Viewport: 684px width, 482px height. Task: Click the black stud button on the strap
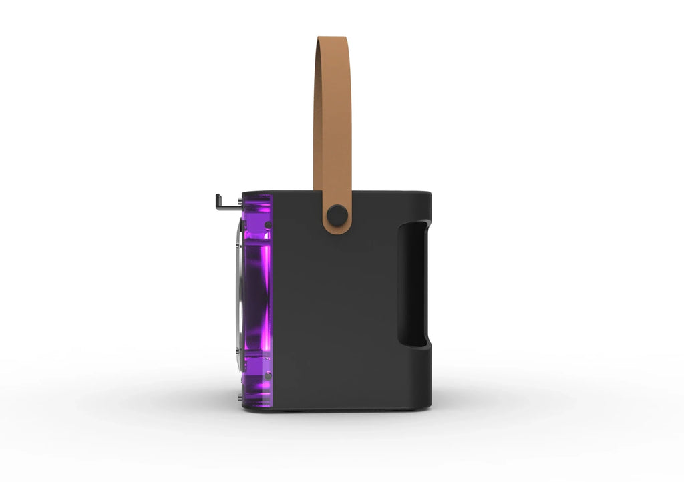(x=336, y=214)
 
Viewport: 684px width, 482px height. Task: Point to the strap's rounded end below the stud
(x=337, y=229)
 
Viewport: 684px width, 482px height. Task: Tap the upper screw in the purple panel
(x=267, y=224)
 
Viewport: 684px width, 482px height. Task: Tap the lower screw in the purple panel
(x=267, y=376)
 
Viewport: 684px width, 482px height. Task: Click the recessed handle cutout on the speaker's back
(x=412, y=284)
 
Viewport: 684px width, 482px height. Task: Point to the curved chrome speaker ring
(x=239, y=300)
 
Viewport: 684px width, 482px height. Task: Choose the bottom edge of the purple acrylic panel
(x=257, y=407)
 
